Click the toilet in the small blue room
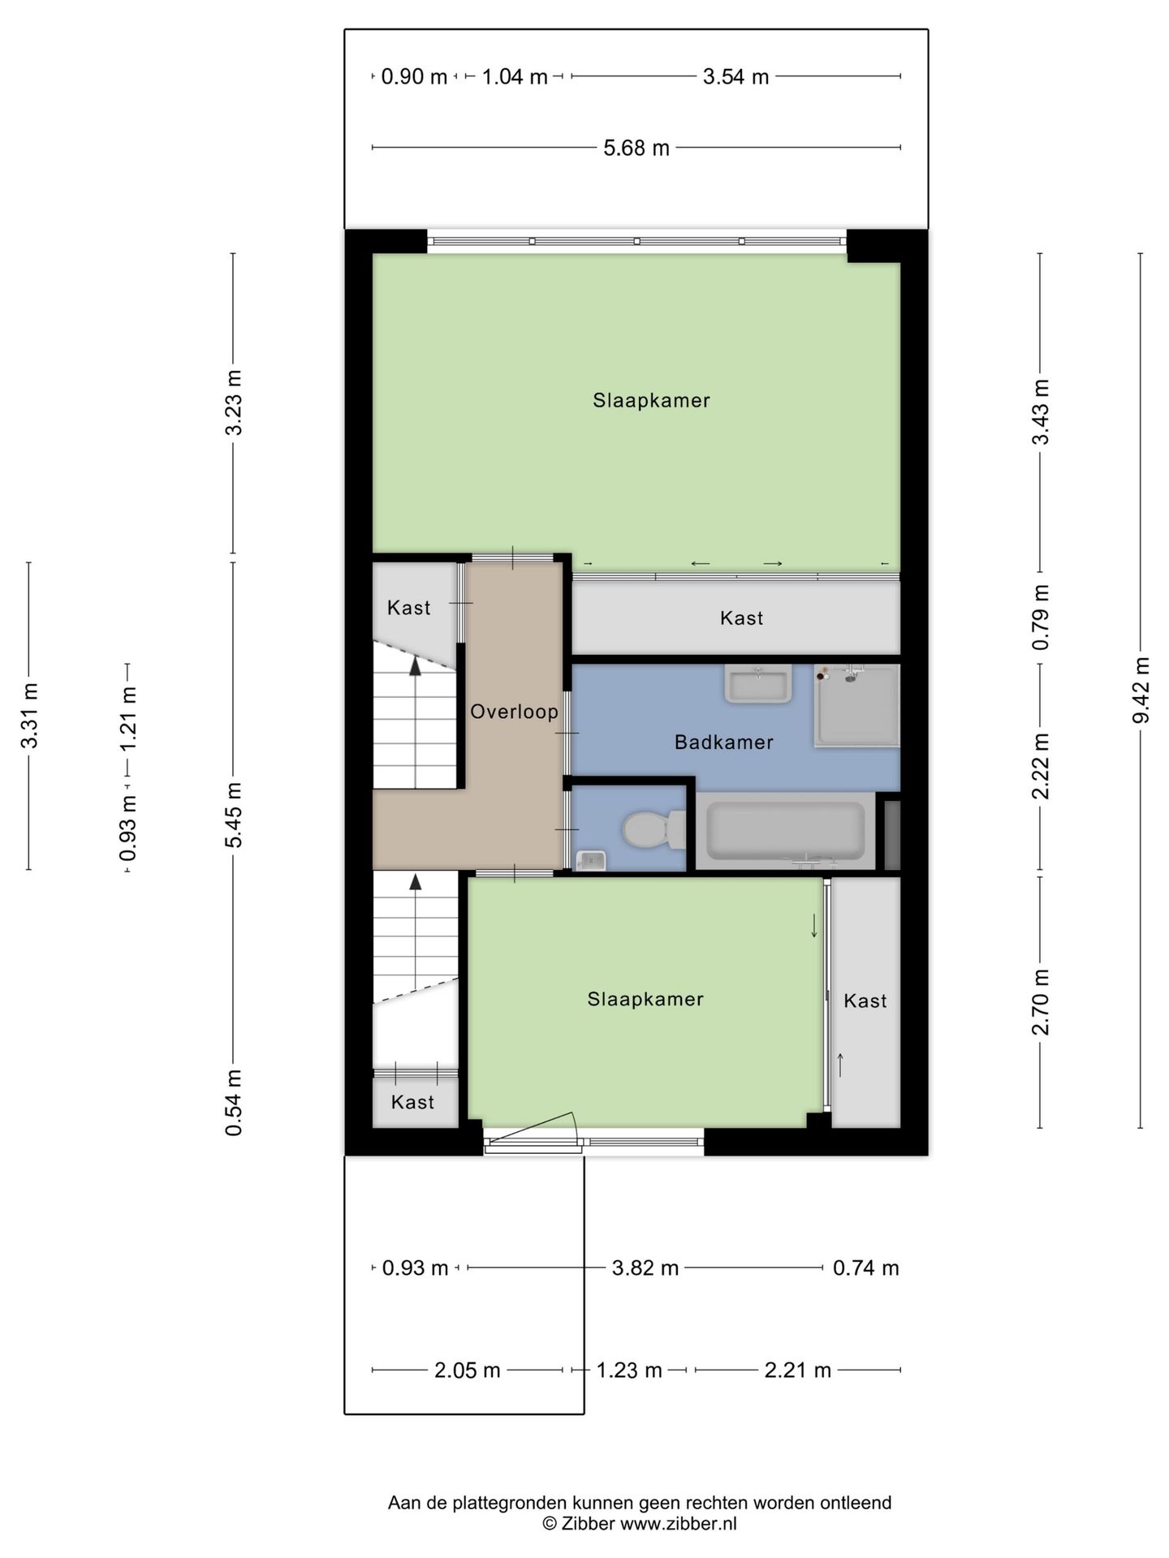(654, 829)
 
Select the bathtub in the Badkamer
(785, 831)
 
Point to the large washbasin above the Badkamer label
(758, 684)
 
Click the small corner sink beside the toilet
(592, 859)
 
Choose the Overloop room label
(515, 712)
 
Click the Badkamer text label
(724, 742)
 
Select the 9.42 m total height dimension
(1141, 690)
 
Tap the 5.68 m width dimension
(636, 148)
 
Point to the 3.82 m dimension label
(645, 1267)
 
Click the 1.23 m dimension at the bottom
(630, 1371)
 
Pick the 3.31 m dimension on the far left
(29, 716)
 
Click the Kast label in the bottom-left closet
(412, 1102)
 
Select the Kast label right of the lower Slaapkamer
(865, 1001)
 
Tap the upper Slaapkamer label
(651, 400)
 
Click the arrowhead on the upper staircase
(416, 666)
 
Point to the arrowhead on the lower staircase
(416, 881)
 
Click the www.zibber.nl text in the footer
(679, 1523)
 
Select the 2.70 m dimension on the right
(1041, 1002)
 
